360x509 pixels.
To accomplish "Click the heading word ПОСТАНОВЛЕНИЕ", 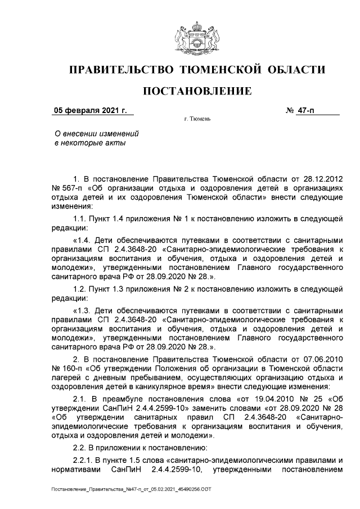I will point(196,91).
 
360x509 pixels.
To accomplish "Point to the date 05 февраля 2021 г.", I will point(90,110).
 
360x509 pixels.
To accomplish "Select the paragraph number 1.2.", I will point(80,289).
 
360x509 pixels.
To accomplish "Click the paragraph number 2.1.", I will point(80,399).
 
